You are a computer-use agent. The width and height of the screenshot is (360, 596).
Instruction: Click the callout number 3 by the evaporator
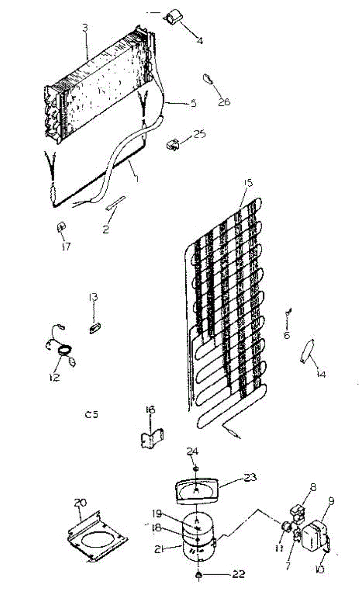(x=85, y=28)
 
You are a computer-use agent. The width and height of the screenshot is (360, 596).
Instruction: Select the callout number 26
(x=224, y=102)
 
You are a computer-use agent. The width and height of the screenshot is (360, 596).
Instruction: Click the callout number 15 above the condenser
(x=248, y=183)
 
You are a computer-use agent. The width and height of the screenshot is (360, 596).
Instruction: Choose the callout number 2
(x=106, y=230)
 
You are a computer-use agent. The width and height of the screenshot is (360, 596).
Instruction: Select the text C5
(x=91, y=414)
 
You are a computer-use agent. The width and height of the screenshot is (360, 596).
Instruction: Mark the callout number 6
(x=287, y=335)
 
